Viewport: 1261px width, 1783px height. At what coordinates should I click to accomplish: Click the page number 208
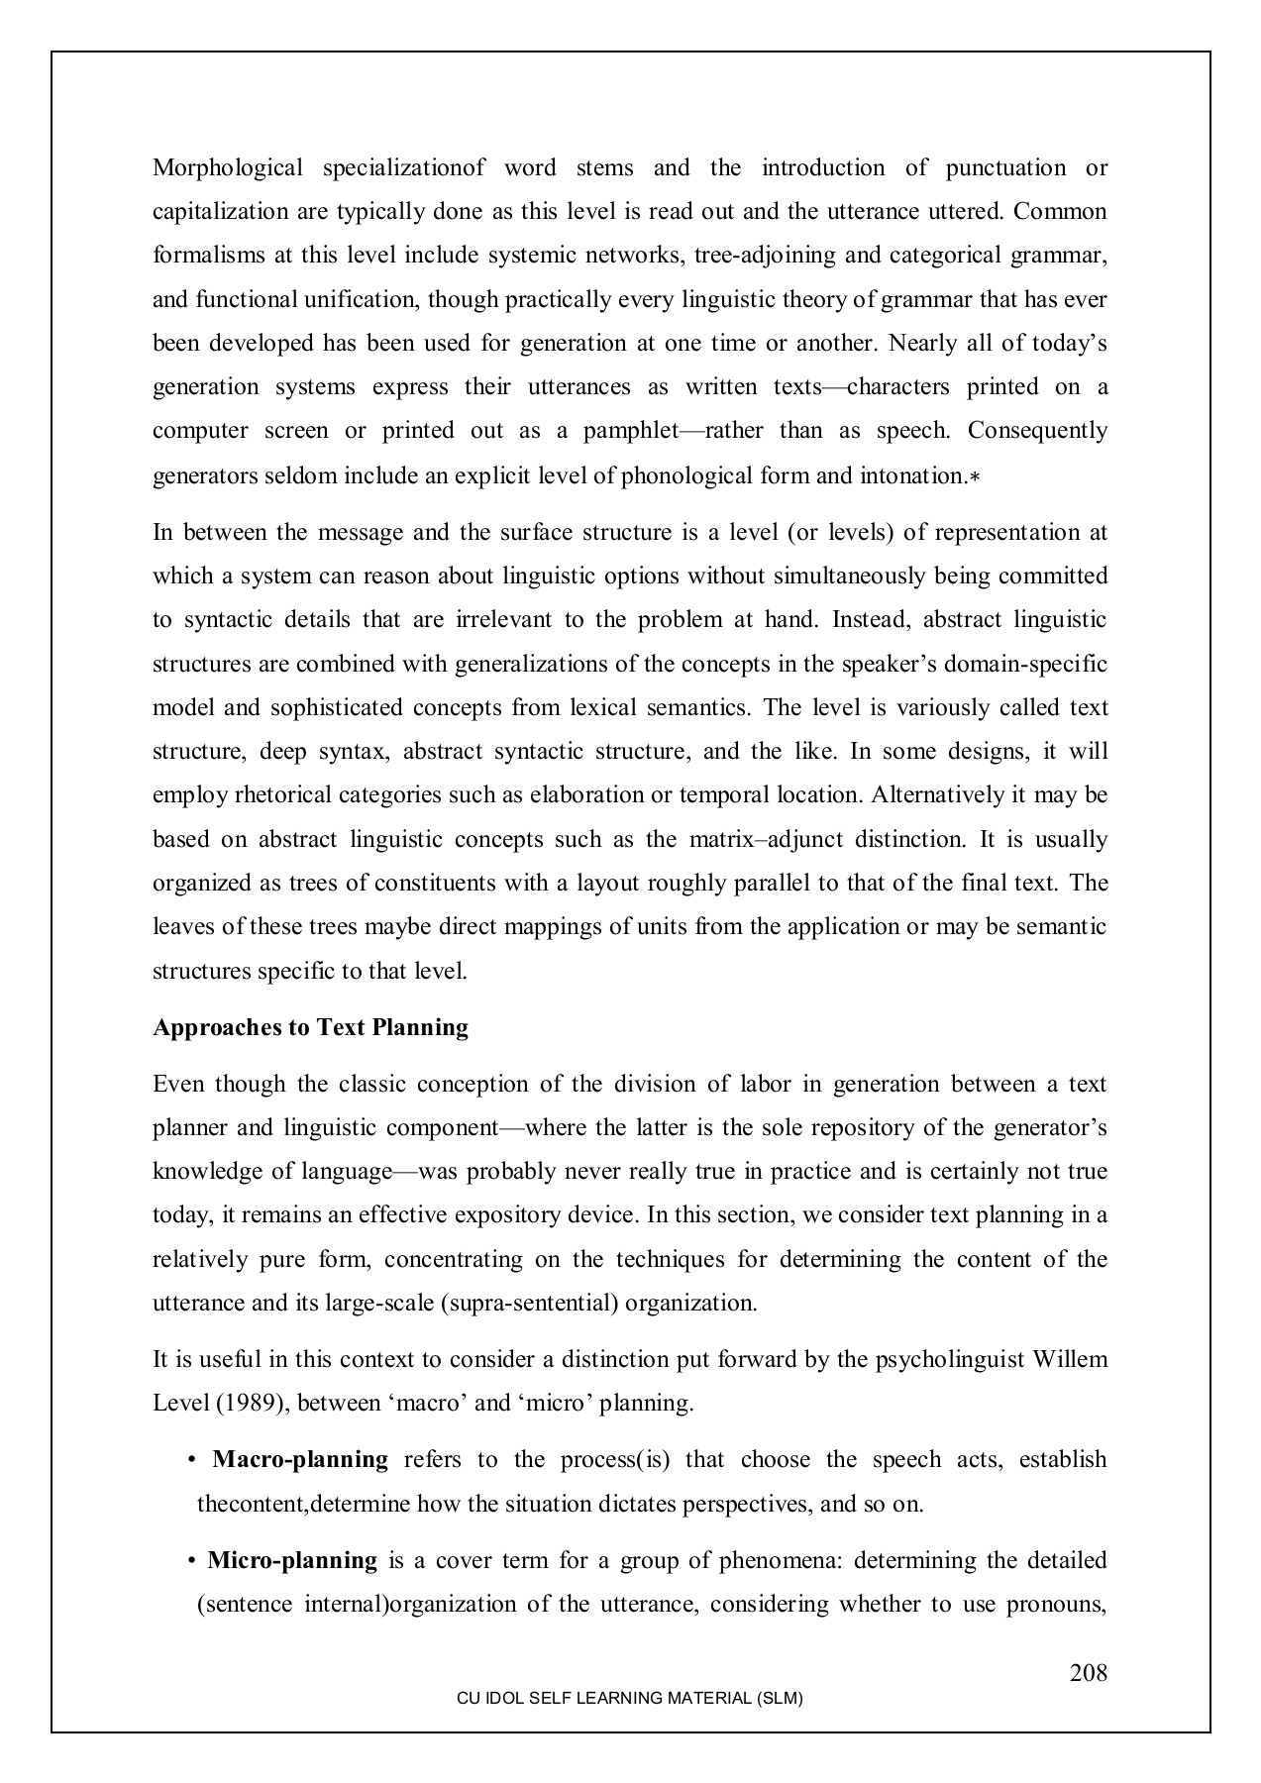(1088, 1673)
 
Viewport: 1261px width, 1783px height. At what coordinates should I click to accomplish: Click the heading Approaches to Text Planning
(310, 1027)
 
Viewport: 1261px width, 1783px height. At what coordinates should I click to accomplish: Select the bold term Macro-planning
(300, 1459)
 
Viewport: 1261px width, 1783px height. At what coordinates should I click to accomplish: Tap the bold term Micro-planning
(292, 1561)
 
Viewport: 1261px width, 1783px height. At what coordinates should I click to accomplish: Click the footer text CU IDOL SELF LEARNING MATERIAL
(629, 1698)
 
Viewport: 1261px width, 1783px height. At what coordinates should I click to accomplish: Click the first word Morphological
(227, 167)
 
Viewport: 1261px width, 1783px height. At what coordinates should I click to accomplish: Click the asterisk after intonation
(975, 477)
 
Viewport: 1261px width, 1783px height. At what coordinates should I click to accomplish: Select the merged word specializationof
(403, 167)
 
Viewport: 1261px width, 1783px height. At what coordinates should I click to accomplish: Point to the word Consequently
(1037, 431)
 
